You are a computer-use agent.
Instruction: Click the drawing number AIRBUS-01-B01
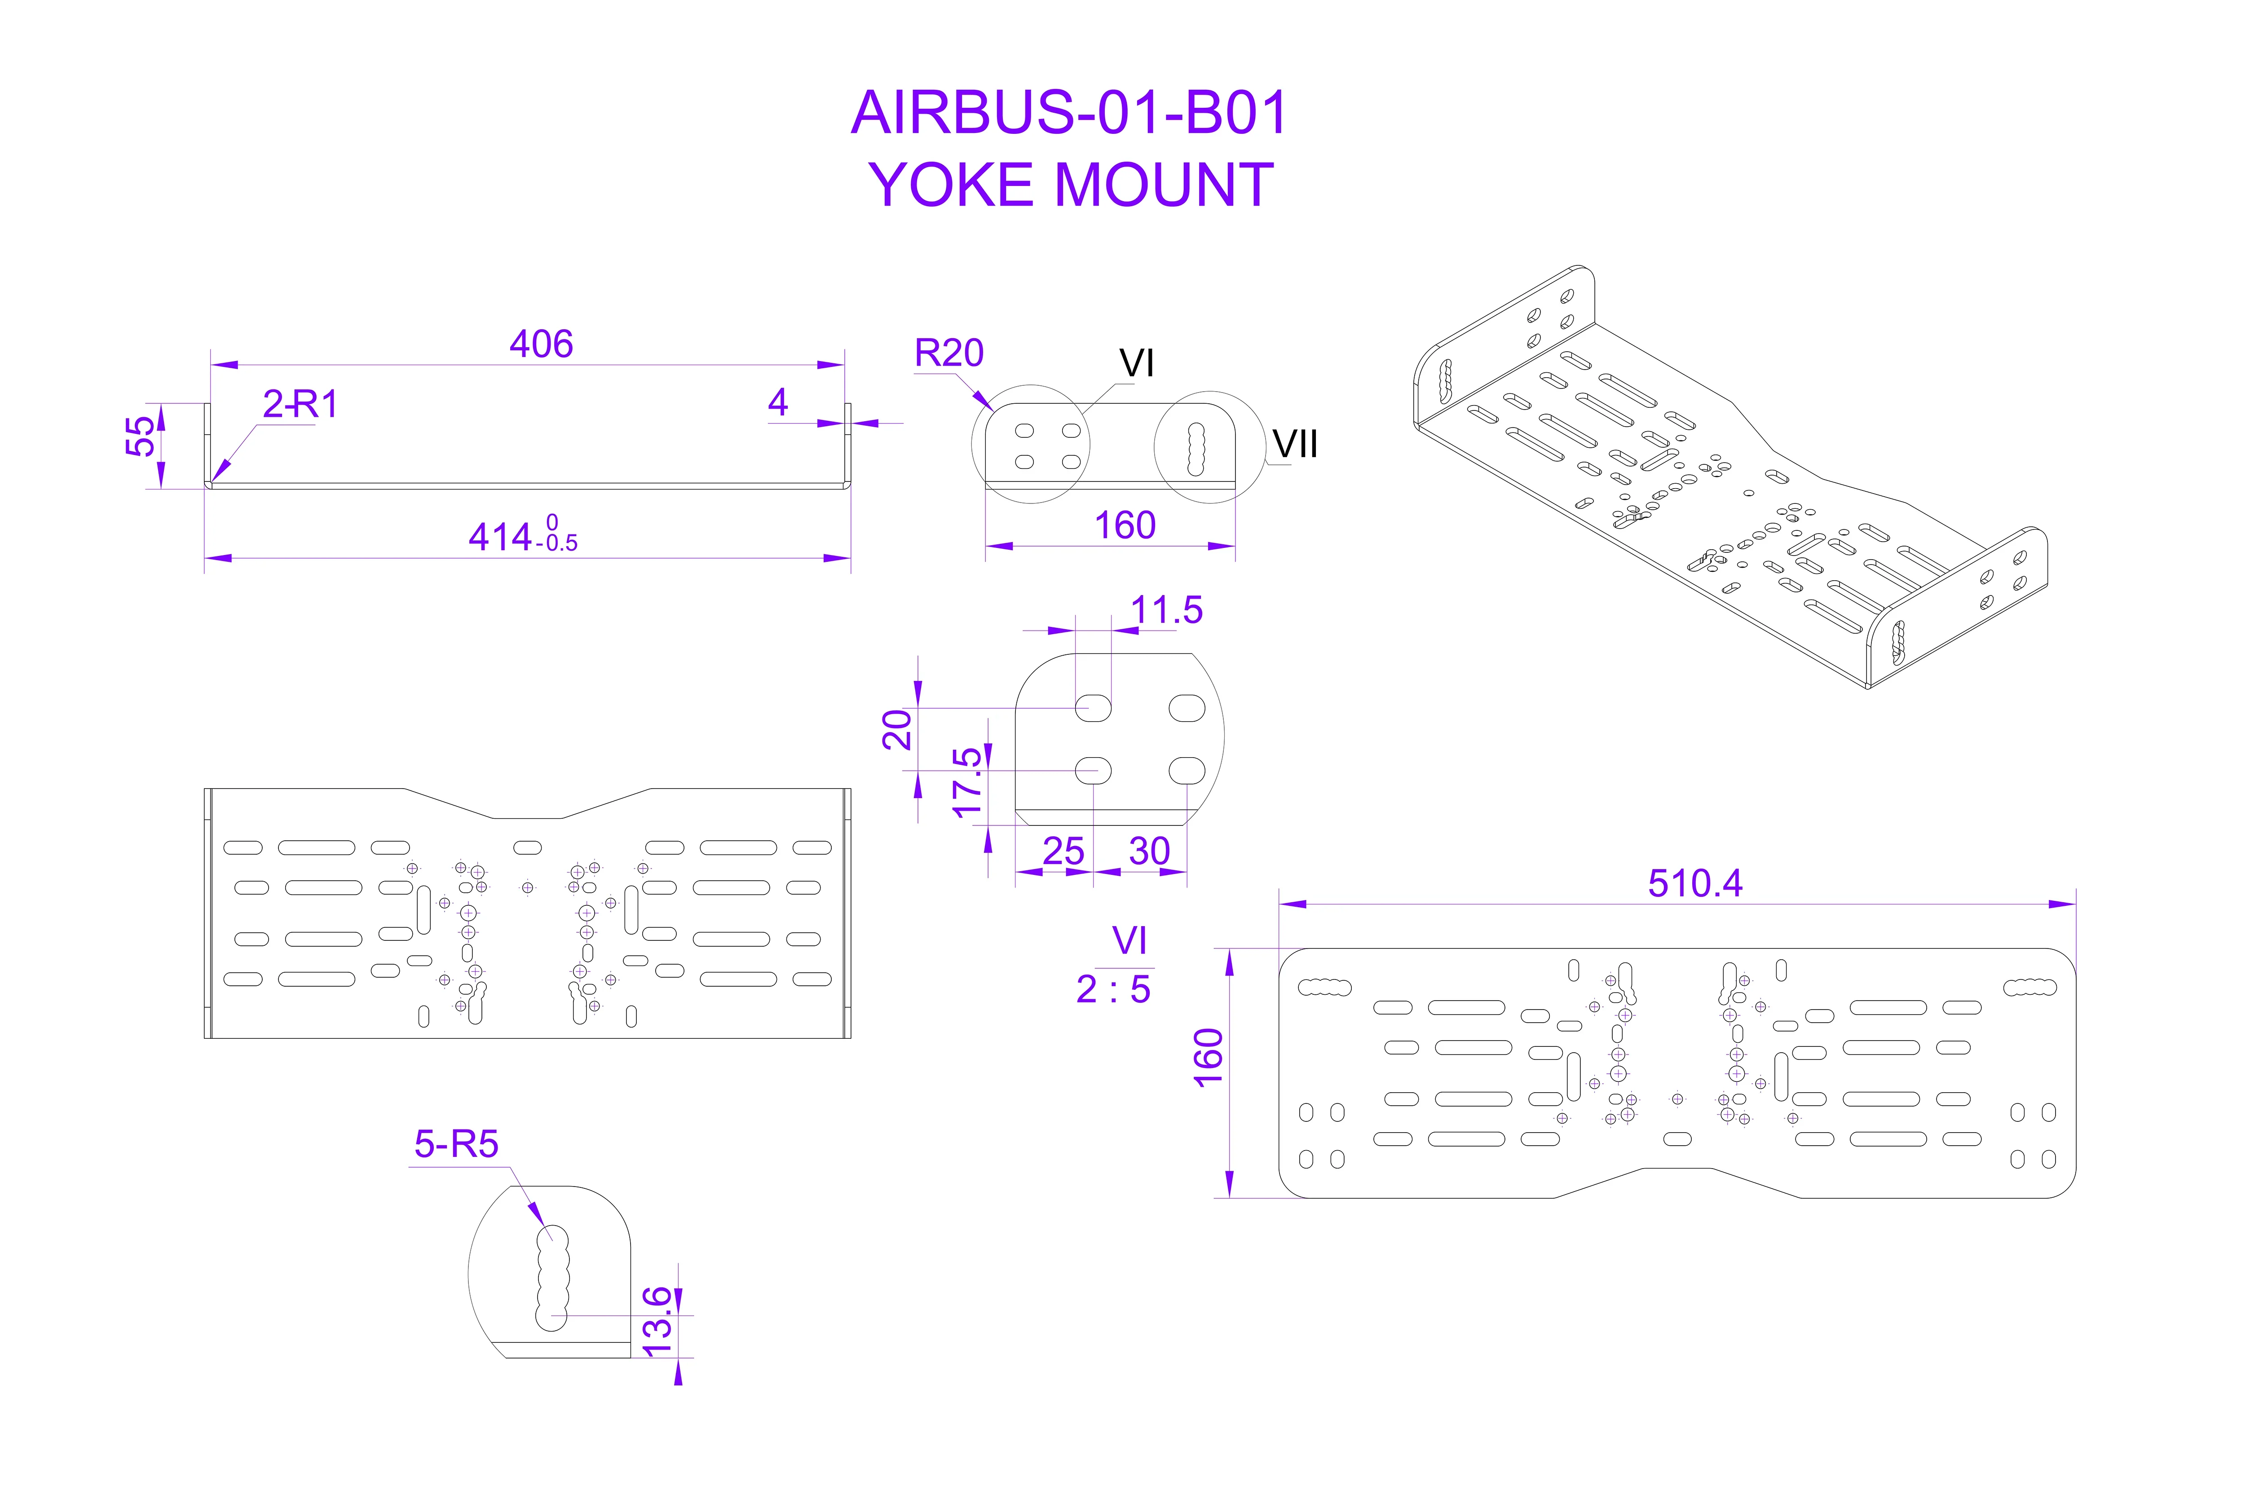tap(1069, 113)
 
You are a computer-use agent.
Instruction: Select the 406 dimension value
tap(542, 344)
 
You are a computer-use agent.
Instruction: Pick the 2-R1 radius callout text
tap(300, 405)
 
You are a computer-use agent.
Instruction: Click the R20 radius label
tap(949, 353)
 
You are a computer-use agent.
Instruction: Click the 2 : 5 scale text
tap(1112, 989)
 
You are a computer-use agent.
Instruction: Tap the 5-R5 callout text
tap(456, 1144)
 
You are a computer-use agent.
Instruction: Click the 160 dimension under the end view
tap(1125, 525)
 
